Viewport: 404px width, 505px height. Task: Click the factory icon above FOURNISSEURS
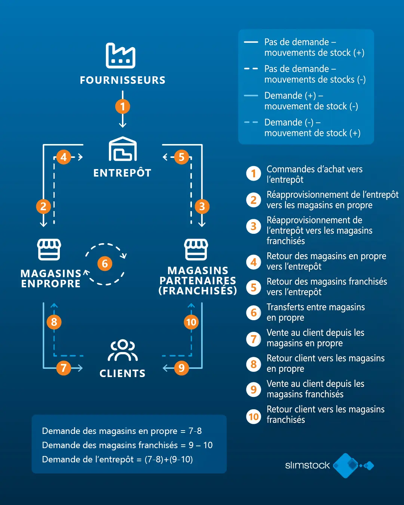[x=120, y=56]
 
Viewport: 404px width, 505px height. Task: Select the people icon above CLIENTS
[x=123, y=351]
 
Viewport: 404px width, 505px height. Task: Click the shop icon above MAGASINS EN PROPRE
[x=49, y=250]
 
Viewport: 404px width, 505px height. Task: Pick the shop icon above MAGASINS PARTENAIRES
[x=196, y=250]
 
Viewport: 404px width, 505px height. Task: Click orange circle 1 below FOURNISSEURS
[x=122, y=107]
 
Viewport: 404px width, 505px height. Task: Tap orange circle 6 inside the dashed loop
[x=105, y=264]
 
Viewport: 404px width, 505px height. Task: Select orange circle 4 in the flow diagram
[x=64, y=157]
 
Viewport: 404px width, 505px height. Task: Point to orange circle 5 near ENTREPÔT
[x=181, y=157]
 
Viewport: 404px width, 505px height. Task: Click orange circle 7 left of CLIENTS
[x=64, y=368]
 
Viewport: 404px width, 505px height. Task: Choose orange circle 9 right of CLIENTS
[x=181, y=368]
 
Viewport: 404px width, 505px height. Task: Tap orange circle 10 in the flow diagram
[x=191, y=322]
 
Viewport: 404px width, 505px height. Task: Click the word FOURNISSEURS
[x=122, y=80]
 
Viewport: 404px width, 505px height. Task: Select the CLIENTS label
[x=122, y=373]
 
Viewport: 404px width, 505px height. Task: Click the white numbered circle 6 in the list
[x=254, y=313]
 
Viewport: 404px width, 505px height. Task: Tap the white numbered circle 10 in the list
[x=254, y=416]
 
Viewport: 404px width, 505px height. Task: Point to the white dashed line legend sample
[x=251, y=69]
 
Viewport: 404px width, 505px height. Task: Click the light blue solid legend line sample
[x=251, y=96]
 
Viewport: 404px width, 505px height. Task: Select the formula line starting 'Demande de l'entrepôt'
[x=117, y=459]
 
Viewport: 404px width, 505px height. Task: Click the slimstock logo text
[x=307, y=465]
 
